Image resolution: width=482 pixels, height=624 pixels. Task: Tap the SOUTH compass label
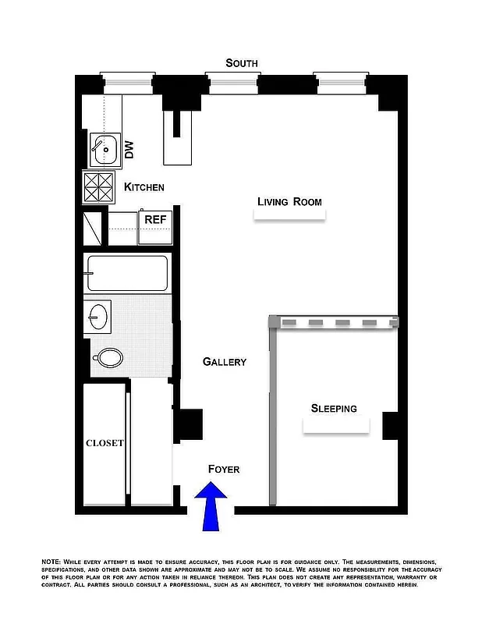[x=241, y=63]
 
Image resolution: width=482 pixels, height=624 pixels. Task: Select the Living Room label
[x=289, y=202]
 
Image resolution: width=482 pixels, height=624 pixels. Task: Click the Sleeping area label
[x=334, y=408]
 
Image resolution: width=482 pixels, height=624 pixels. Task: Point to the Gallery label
[x=225, y=362]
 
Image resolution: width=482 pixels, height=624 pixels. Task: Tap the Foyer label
[x=224, y=469]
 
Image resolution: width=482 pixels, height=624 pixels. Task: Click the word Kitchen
[x=144, y=187]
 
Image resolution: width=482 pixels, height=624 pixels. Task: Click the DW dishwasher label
[x=129, y=149]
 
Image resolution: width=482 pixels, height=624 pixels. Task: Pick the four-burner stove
[x=99, y=188]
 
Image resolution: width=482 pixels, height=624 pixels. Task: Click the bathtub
[x=127, y=273]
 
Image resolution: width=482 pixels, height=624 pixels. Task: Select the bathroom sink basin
[x=98, y=316]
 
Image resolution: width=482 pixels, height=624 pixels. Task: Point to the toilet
[x=108, y=358]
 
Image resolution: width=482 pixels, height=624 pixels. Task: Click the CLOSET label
[x=105, y=443]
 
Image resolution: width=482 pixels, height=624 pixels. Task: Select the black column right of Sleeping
[x=391, y=424]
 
